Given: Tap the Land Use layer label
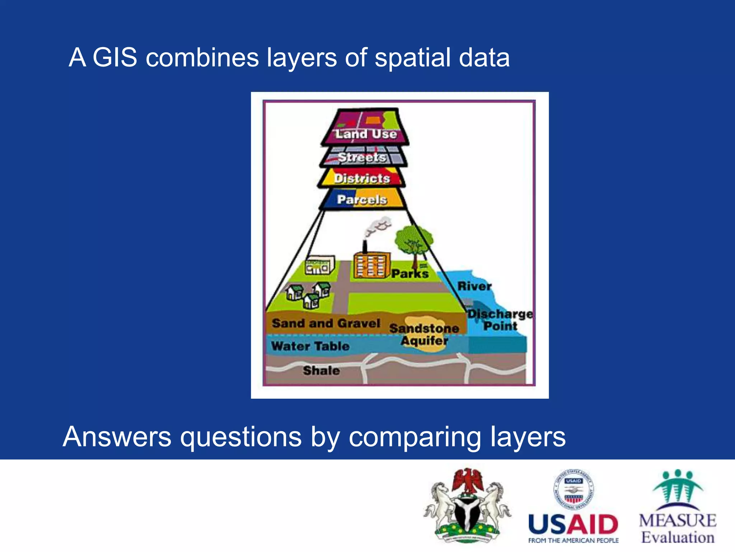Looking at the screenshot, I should (x=366, y=134).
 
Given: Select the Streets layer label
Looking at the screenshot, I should (x=362, y=157).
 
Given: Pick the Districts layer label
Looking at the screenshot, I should (x=362, y=178).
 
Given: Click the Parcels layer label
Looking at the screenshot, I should (x=362, y=199).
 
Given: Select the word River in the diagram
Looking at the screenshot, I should (x=474, y=286).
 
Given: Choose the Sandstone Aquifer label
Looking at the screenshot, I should (x=424, y=334).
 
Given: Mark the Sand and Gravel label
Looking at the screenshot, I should (x=326, y=323).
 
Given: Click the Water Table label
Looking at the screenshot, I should (x=310, y=346).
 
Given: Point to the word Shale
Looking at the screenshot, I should (x=321, y=371).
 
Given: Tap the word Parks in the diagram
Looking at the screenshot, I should (x=410, y=274).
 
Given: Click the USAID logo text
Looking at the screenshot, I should (x=573, y=525).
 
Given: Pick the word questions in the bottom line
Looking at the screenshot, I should (x=241, y=437).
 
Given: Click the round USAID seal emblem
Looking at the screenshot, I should (x=574, y=490).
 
